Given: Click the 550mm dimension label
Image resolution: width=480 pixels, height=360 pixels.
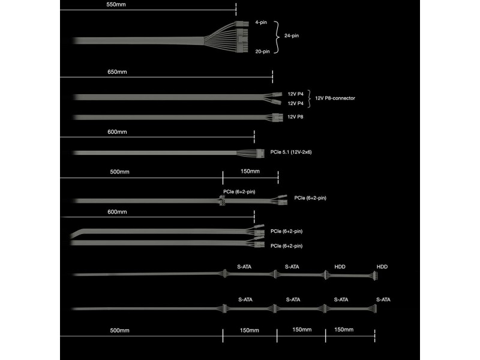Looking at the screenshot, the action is [116, 5].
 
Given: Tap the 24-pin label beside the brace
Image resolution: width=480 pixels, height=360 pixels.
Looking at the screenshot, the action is [292, 35].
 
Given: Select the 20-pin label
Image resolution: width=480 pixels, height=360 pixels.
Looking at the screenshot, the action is [263, 52].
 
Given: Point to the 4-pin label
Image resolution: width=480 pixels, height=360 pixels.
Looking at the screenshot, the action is [261, 22].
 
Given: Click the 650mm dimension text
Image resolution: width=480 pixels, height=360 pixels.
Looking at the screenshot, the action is [117, 72].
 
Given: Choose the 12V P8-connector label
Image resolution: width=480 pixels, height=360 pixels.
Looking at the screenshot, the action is [335, 98].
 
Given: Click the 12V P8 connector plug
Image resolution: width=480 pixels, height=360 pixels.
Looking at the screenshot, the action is [277, 117].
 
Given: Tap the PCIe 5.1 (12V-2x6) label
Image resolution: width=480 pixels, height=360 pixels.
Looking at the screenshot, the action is [291, 152].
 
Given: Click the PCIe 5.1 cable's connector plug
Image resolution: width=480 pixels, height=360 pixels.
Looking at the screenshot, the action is [260, 154].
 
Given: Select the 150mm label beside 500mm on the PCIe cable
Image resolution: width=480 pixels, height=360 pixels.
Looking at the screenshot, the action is [250, 172].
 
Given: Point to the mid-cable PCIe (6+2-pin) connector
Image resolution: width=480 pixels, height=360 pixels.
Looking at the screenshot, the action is [222, 202].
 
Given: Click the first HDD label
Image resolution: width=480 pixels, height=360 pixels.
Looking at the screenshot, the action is [340, 267].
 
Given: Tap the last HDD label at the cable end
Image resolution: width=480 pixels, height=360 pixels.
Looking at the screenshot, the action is [382, 267].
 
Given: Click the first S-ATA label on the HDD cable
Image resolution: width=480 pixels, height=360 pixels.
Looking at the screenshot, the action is [244, 267].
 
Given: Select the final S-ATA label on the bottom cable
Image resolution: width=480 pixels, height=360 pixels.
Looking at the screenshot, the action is [383, 299].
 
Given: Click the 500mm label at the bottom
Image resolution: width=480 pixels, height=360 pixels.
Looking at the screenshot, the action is [119, 331].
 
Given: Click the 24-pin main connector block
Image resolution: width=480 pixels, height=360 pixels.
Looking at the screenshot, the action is [242, 37].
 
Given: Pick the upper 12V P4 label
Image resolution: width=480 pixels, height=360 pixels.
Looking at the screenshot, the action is [295, 94].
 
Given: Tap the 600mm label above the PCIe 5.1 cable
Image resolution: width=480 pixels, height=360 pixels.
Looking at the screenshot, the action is [117, 132].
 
